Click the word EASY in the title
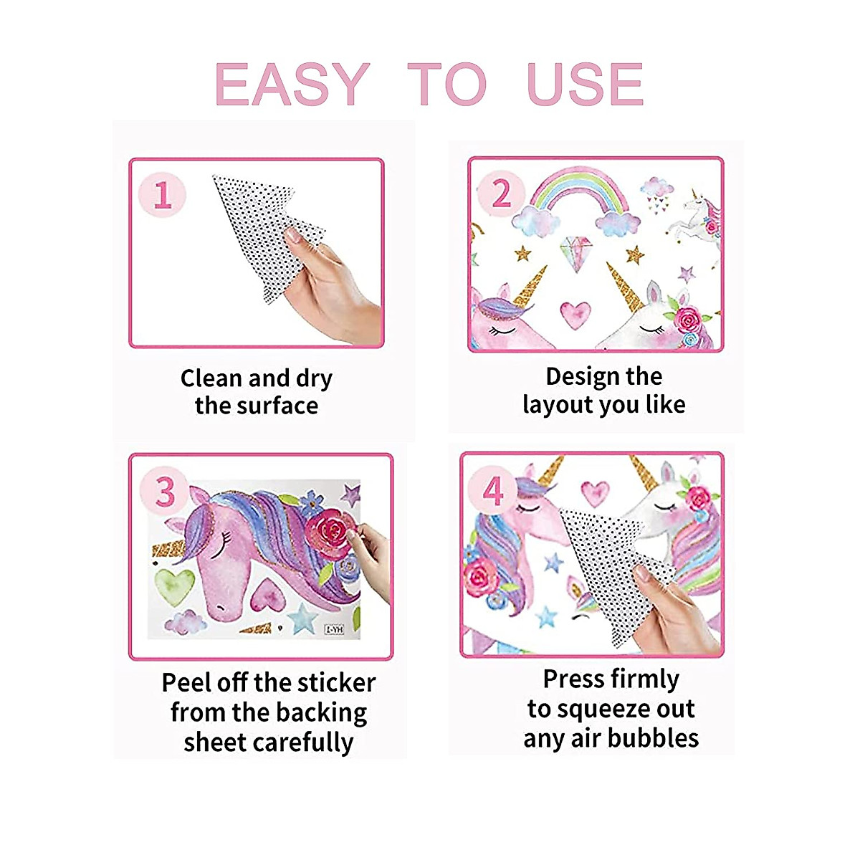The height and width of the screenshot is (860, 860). point(292,85)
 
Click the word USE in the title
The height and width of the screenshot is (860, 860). point(585,85)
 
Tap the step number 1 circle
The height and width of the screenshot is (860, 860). point(163,194)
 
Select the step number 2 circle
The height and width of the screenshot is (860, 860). point(501,193)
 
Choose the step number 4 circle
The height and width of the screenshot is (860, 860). point(493,492)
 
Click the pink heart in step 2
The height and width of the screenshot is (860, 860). point(575,314)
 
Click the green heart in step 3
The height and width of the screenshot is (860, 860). point(174,586)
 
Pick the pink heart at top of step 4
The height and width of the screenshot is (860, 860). point(595,492)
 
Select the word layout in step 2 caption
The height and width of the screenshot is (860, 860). point(556,405)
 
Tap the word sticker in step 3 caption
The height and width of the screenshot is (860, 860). point(335,682)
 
